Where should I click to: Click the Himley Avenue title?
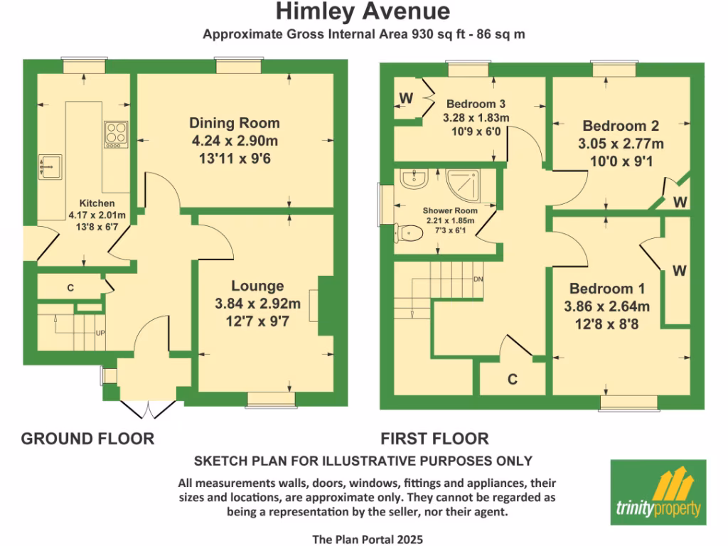pos(363,12)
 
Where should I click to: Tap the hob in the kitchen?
pos(116,133)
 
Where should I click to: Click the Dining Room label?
pos(235,123)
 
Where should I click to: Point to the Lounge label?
pos(258,287)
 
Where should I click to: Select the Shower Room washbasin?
pos(412,179)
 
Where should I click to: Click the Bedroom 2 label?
pos(621,127)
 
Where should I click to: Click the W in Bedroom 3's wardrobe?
pos(407,97)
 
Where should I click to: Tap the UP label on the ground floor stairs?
pos(100,332)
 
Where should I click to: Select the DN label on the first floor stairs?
pos(478,279)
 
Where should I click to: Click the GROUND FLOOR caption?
pos(87,439)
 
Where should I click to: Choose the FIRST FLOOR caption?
pos(434,439)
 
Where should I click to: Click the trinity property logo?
pos(658,491)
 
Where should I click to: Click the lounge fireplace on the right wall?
pos(324,304)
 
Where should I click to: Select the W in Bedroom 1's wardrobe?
pos(679,270)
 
